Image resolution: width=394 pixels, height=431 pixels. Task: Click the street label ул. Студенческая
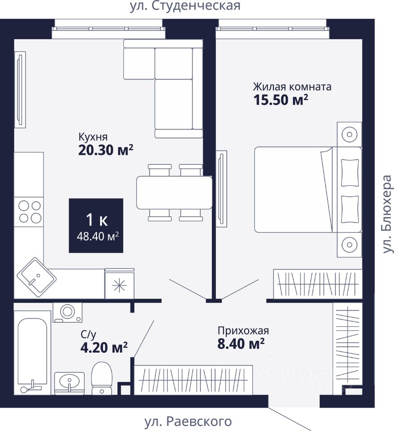tap(185, 6)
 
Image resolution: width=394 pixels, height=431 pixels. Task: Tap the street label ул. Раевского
tap(188, 421)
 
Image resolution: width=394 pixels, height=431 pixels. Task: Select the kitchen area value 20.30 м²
tap(106, 150)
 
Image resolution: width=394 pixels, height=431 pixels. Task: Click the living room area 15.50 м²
tap(280, 100)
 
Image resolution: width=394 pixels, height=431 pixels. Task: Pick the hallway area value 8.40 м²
tap(241, 343)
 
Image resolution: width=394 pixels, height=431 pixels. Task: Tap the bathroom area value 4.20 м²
tap(104, 347)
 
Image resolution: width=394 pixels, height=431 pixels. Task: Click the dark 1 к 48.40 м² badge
tap(96, 225)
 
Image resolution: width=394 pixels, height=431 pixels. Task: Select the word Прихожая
tap(243, 331)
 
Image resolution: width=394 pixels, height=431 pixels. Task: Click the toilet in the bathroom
tap(101, 378)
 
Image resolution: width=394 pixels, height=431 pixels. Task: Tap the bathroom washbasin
tap(69, 383)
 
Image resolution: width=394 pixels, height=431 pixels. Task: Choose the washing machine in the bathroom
tap(67, 312)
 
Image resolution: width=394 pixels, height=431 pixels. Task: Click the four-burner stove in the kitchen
tap(29, 211)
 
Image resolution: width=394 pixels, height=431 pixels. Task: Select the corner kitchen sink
tap(36, 277)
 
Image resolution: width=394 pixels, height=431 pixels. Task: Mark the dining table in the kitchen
tap(175, 193)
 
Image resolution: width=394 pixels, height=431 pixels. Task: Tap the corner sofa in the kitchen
tap(163, 88)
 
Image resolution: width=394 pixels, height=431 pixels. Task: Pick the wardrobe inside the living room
tap(318, 284)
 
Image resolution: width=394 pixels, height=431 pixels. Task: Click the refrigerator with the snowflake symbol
tap(119, 284)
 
